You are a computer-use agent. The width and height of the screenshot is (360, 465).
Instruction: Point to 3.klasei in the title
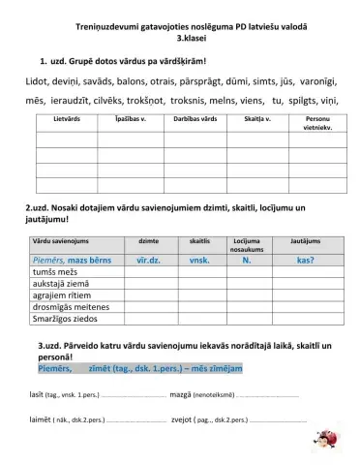(x=179, y=44)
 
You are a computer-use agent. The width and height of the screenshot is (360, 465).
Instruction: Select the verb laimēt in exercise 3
(x=42, y=420)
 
